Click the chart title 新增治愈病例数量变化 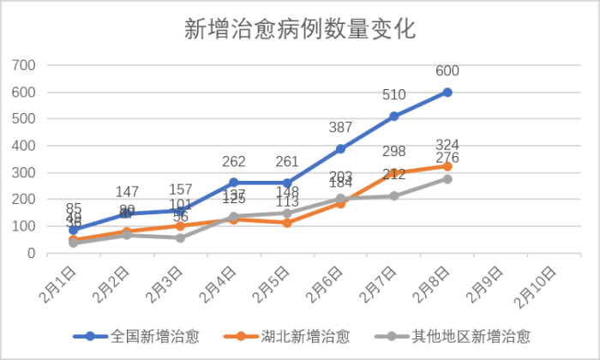click(300, 30)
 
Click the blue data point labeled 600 click(447, 92)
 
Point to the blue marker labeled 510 click(394, 116)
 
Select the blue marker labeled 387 click(340, 149)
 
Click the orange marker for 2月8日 click(447, 166)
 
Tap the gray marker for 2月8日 click(447, 179)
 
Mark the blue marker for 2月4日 click(233, 183)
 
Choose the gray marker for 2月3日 click(180, 238)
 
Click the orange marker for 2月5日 click(287, 223)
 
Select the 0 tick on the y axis click(30, 254)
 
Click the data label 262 click(233, 162)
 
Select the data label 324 click(447, 144)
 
